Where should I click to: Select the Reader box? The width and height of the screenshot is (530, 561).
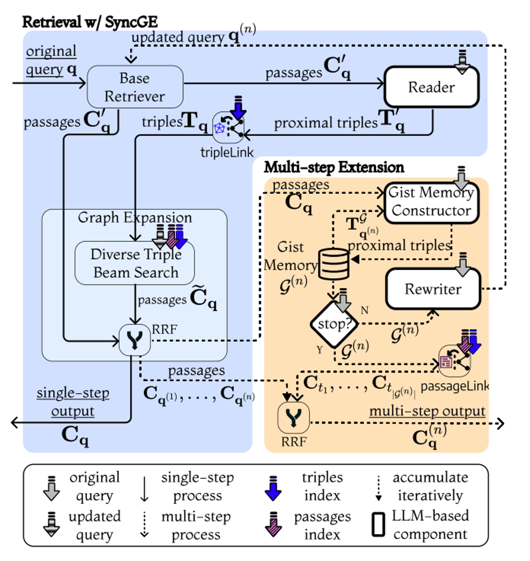(x=431, y=87)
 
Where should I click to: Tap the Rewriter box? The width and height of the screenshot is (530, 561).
(x=433, y=289)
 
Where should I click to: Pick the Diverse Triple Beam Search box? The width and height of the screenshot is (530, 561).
(x=135, y=263)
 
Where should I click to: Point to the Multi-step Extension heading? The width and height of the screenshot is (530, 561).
(x=334, y=167)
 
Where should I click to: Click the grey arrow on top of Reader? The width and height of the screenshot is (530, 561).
(x=462, y=62)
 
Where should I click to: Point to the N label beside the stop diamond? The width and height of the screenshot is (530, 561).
(x=364, y=310)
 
